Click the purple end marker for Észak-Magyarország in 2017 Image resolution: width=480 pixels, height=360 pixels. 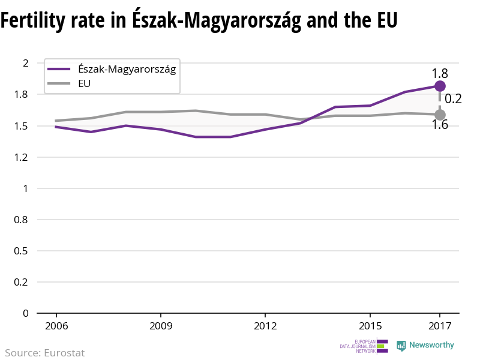pos(440,86)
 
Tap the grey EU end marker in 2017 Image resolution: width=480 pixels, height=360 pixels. pos(440,115)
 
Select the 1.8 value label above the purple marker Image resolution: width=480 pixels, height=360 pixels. pos(440,74)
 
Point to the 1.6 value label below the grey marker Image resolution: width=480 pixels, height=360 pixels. pos(440,125)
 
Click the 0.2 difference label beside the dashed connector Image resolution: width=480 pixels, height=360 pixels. pos(453,99)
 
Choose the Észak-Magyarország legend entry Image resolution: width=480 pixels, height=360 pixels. pos(127,69)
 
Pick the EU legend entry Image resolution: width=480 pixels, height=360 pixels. pos(85,84)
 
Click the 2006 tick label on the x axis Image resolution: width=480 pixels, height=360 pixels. pos(56,326)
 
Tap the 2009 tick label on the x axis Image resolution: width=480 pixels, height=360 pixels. pos(161,326)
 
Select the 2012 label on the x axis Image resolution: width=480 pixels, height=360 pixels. pos(265,326)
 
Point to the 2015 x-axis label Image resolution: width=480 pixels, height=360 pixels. pos(370,326)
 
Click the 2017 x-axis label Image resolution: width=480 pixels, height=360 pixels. pos(440,326)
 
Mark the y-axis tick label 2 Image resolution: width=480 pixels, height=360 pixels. pos(25,63)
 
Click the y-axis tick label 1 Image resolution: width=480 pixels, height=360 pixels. pos(25,188)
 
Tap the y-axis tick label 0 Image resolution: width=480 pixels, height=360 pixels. pos(25,313)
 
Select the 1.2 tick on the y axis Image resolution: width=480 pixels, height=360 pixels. pos(22,157)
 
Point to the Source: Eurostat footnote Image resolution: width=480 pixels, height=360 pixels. pos(45,353)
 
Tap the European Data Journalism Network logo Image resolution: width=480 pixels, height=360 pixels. pos(364,346)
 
